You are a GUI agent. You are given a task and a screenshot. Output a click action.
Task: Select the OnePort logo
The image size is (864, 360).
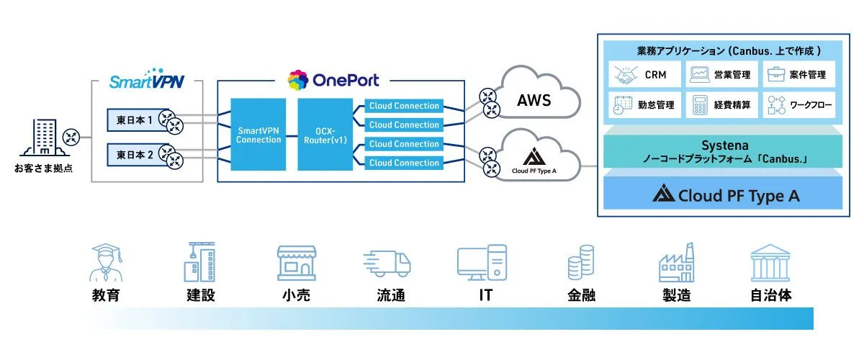333,79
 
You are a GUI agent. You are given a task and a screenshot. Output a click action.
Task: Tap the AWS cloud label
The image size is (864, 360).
534,100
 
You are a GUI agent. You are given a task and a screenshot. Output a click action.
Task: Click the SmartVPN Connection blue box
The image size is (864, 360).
259,135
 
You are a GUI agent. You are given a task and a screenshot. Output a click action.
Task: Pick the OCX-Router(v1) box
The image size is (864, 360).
325,135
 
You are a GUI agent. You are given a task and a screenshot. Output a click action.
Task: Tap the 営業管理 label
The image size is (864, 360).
731,74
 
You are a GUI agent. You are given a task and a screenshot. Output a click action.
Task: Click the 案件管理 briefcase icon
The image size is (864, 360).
775,73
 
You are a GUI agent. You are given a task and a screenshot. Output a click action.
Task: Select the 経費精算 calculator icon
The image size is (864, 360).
698,105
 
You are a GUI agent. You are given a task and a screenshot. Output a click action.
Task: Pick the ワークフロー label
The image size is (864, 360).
811,105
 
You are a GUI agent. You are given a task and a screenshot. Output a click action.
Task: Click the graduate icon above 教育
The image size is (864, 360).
105,263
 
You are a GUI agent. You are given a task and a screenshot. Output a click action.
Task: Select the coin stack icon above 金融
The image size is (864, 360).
580,263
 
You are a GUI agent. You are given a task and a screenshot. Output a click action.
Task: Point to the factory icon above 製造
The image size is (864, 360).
676,263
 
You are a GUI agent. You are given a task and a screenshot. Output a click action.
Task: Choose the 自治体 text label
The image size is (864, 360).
771,294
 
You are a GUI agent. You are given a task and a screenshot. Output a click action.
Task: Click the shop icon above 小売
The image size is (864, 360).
297,263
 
